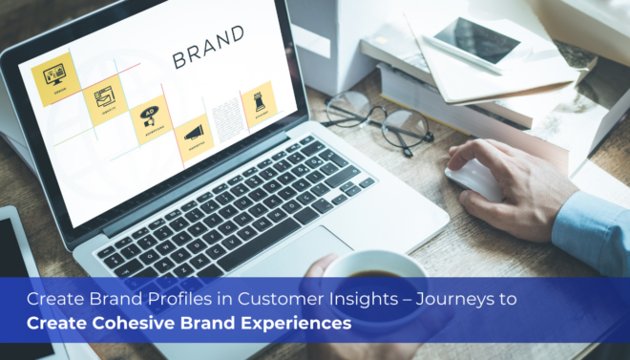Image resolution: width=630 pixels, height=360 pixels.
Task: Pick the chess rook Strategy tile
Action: point(259,99)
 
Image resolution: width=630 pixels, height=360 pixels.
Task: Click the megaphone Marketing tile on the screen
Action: point(195,135)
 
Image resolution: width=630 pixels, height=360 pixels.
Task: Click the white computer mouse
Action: point(473,180)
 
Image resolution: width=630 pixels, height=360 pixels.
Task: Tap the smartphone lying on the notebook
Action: point(473,39)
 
